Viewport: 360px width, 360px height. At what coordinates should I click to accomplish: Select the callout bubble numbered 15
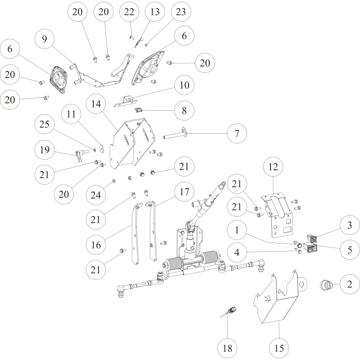click(279, 347)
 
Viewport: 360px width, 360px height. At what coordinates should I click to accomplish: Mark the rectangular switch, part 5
click(310, 247)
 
